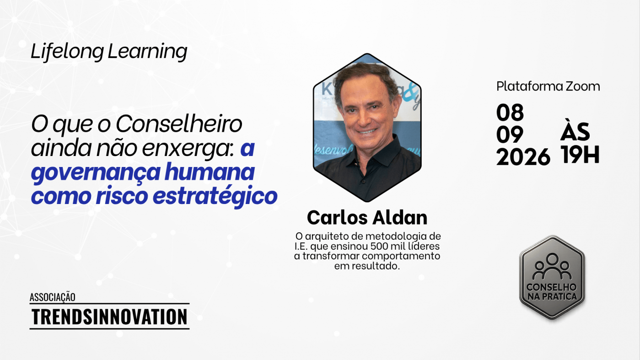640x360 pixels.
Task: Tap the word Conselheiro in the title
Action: [179, 124]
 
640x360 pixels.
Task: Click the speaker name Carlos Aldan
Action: [367, 218]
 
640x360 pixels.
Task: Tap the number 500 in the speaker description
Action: [379, 246]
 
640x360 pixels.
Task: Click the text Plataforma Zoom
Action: [548, 86]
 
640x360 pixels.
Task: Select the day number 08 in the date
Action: [510, 113]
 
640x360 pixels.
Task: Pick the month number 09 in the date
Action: [510, 134]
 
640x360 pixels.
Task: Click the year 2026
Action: [523, 157]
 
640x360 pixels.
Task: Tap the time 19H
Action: [580, 155]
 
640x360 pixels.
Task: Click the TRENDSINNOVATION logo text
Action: [109, 317]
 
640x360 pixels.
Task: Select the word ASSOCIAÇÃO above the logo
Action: [53, 297]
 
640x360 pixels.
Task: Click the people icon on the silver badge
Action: [552, 267]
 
